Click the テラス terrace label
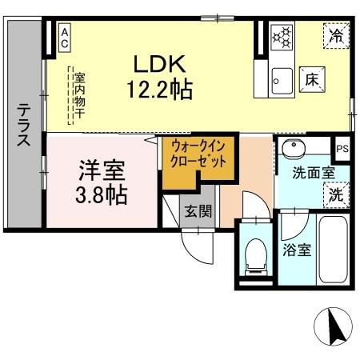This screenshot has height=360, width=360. (24, 124)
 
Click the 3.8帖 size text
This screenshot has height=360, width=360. (102, 194)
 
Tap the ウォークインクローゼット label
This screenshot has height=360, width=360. (198, 153)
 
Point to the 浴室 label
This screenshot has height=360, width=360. (296, 250)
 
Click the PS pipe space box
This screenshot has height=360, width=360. (342, 148)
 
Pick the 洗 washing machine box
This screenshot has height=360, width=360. (335, 194)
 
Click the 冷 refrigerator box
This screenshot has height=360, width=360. (337, 36)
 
